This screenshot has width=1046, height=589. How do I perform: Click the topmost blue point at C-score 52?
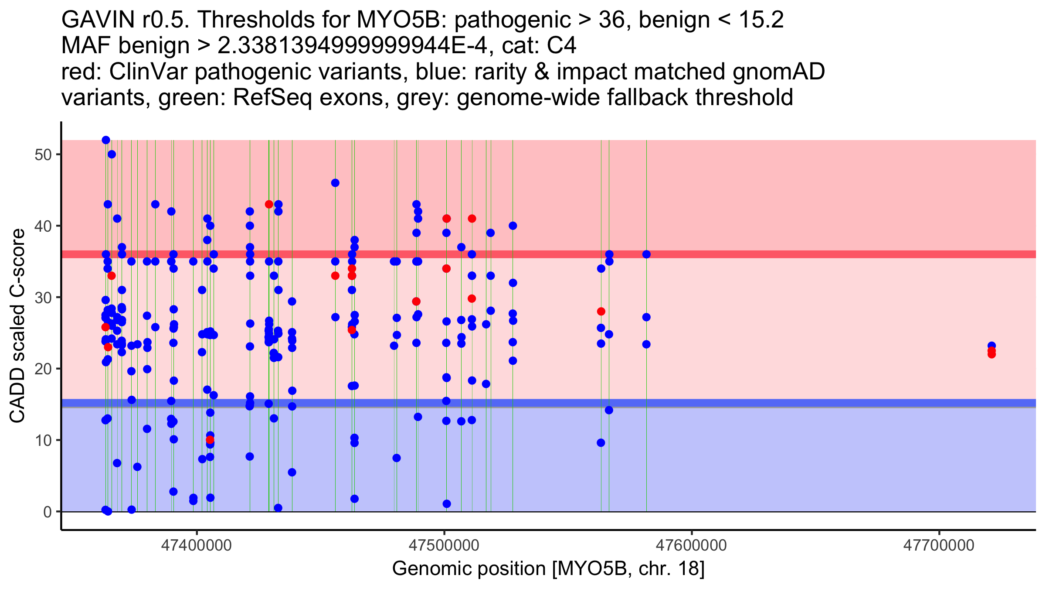pos(106,140)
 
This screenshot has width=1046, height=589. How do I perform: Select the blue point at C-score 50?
pos(112,154)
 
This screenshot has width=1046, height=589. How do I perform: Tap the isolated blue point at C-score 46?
pos(335,183)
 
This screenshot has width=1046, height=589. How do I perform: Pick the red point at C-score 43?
pos(269,204)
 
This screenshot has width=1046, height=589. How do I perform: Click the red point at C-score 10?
pos(210,439)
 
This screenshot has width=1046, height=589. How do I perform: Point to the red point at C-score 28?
pos(601,312)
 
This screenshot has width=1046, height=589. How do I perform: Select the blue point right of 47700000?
pos(992,346)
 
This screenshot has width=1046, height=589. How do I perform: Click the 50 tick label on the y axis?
pos(43,155)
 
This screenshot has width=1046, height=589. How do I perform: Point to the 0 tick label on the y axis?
pos(48,512)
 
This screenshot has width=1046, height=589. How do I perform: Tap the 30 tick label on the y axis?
pos(43,298)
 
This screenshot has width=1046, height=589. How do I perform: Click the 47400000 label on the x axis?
pos(197,545)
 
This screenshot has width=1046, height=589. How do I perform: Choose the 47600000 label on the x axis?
pos(692,545)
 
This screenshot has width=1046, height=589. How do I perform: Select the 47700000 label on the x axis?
pos(939,545)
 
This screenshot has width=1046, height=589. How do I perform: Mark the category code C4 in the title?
pos(562,45)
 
